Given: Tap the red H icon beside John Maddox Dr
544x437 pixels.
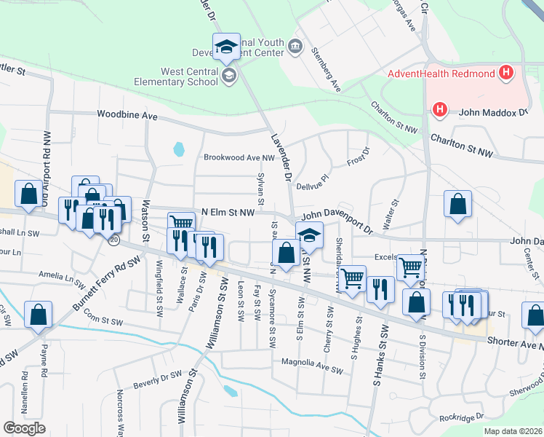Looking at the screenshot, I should pos(439,111).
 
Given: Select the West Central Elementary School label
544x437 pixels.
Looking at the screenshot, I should pos(191,76).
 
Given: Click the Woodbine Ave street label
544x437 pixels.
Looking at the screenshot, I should pos(128,115).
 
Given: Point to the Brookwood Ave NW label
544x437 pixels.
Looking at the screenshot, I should pos(239,157).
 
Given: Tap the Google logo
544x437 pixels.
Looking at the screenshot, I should pos(23,428).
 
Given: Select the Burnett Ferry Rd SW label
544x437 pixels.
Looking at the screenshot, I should pos(104,289).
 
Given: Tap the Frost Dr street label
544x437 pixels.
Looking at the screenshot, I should pos(359,157).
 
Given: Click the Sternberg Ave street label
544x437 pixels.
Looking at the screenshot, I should pos(326,69).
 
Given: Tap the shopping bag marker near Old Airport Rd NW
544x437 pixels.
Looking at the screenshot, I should pos(29,194).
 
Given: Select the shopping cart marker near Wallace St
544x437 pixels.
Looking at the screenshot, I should pos(181,224).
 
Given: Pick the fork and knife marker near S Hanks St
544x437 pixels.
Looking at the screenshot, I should pos(380,289).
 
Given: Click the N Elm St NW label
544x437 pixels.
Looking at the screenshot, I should pos(228,212).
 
